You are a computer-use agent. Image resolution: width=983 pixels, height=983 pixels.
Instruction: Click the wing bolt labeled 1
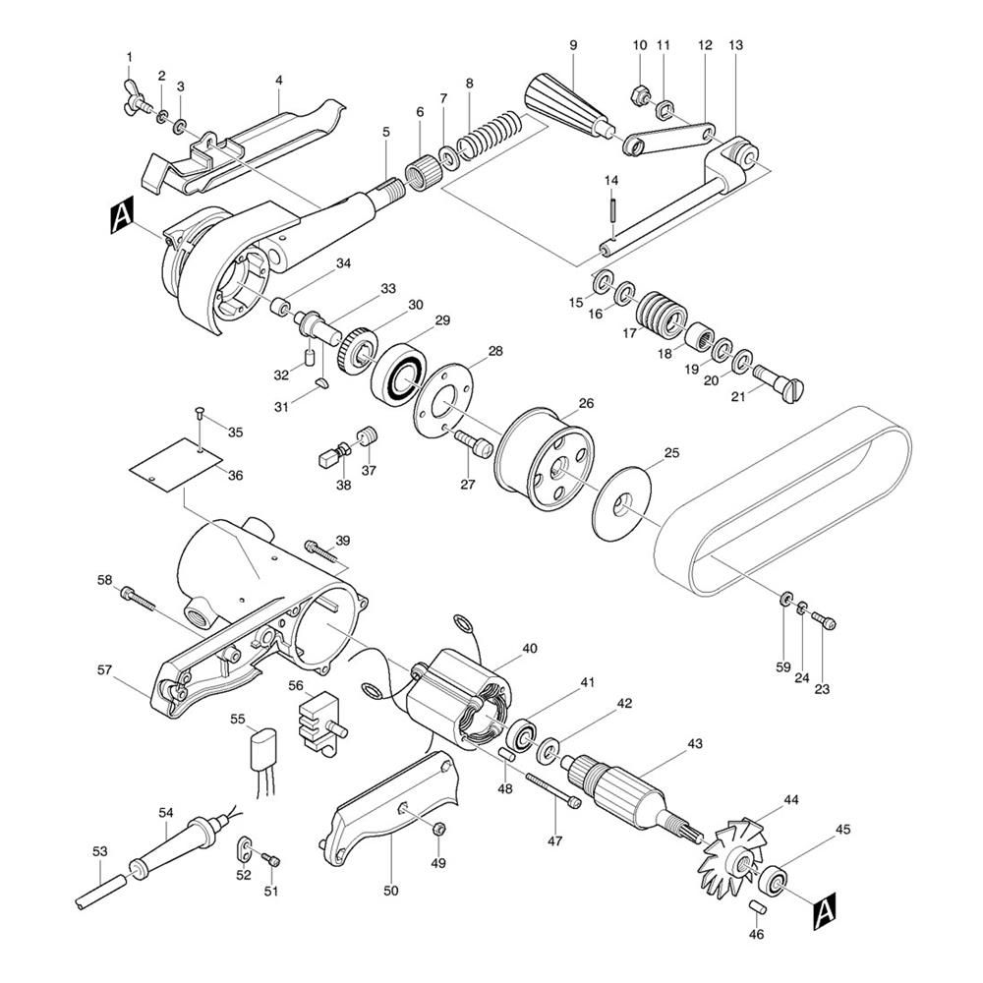tap(137, 98)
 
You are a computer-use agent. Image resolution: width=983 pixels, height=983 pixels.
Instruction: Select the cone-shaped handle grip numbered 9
tap(567, 107)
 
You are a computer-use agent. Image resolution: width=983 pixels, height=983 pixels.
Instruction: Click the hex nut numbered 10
tap(639, 94)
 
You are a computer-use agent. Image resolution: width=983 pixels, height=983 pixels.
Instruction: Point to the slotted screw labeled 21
tap(778, 384)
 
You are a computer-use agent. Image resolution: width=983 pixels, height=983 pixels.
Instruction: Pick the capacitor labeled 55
tap(263, 752)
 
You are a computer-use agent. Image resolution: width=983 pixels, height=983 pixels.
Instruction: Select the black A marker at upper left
tap(122, 217)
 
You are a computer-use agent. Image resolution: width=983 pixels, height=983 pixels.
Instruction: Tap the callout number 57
tap(104, 670)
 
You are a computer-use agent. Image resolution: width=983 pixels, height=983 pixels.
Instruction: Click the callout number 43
tap(695, 743)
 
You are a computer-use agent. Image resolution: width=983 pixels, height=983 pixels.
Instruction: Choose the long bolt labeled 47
tap(552, 790)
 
